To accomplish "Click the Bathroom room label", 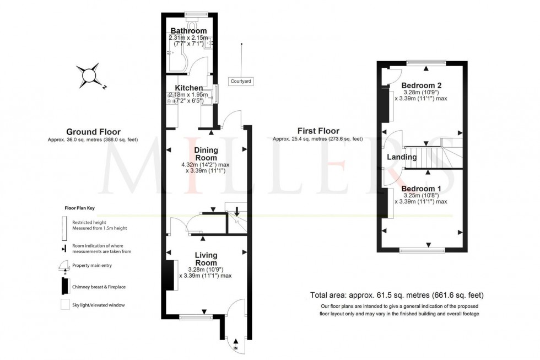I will pos(188,31).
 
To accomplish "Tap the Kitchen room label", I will pos(188,88).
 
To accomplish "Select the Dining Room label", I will pos(206,154).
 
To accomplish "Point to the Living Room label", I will pos(206,259).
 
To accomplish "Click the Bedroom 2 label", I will pos(421,85).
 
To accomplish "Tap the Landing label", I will pos(402,158).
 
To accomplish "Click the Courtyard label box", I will pos(241,82).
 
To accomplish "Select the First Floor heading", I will pos(317,131).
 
